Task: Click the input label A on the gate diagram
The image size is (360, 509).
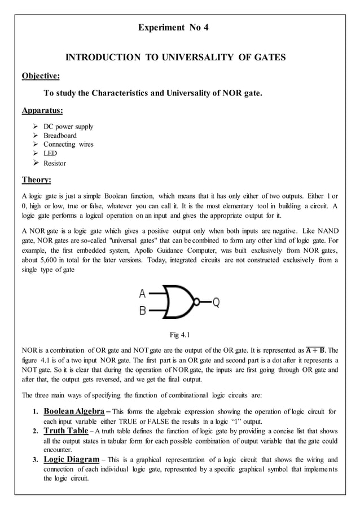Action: (x=143, y=293)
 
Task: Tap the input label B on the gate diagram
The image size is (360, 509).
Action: (x=143, y=310)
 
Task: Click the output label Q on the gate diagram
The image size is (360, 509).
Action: (x=216, y=302)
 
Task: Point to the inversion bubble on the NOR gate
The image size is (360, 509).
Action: (x=197, y=302)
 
